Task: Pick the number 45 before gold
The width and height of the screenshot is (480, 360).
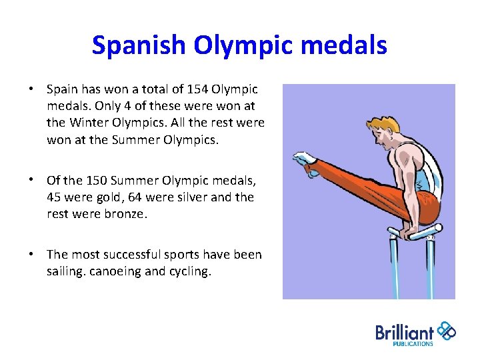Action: coord(54,198)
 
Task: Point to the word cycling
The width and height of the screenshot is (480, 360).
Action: coord(189,272)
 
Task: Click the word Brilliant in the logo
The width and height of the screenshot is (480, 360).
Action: coord(405,332)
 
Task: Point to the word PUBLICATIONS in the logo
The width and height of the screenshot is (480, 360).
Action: coord(412,344)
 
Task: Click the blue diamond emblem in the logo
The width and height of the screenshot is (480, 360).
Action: coord(445,331)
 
